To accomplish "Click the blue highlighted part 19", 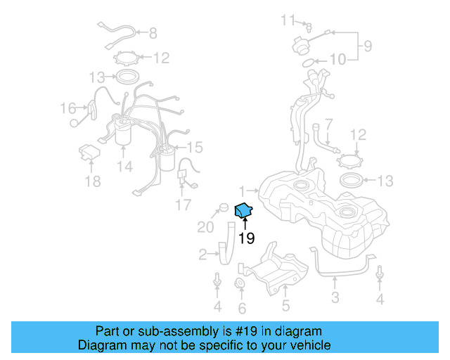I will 243,210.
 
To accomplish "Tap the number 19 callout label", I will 245,239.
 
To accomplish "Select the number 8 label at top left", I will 153,33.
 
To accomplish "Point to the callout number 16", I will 67,108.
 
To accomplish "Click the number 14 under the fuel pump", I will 124,167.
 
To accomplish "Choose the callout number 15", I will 195,147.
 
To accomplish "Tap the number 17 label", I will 183,205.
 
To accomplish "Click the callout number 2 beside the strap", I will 202,254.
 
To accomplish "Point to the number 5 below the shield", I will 285,305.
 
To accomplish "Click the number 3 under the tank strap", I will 335,297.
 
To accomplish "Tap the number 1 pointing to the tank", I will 241,191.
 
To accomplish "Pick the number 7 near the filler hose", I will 328,124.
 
